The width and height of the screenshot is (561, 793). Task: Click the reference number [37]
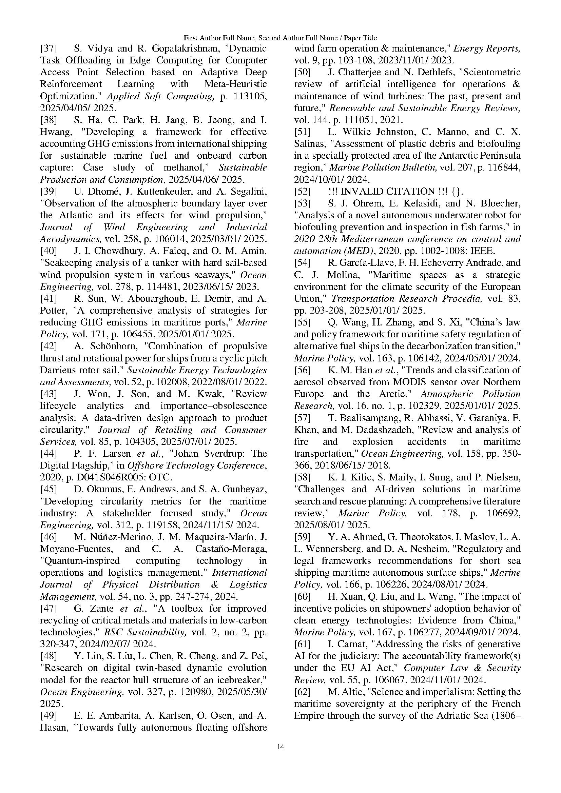pos(49,48)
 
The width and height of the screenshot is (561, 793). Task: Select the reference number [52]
pos(302,191)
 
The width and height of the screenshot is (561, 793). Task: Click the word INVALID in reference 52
pos(361,191)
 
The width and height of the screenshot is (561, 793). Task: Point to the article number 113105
pos(248,96)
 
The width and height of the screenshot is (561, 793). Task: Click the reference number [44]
pos(49,454)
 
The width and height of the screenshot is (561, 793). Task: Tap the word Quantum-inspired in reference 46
pos(80,561)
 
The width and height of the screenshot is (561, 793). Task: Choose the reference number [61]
pos(302,644)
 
